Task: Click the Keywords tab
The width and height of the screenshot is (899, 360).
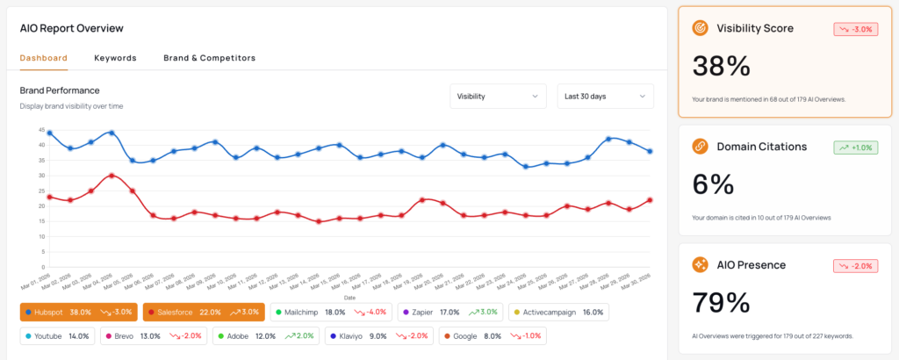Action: [x=115, y=58]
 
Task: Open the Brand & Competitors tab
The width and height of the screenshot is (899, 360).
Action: [x=209, y=58]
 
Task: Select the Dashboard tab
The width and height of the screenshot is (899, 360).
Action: [x=44, y=58]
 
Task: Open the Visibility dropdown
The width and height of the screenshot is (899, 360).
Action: [x=498, y=97]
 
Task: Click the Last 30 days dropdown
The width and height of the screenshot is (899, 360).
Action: [x=605, y=97]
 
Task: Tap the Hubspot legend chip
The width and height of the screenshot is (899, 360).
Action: [x=79, y=312]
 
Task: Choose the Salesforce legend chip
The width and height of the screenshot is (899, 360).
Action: [x=203, y=312]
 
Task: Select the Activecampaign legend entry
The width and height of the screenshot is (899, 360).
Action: [x=554, y=312]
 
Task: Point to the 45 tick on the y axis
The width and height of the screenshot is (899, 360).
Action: [x=41, y=130]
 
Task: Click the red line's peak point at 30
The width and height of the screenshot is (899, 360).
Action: [x=111, y=176]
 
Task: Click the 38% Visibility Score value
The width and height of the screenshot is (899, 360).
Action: [x=721, y=67]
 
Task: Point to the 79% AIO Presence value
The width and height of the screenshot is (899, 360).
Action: [x=721, y=302]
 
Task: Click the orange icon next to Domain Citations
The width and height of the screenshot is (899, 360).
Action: [x=701, y=147]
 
